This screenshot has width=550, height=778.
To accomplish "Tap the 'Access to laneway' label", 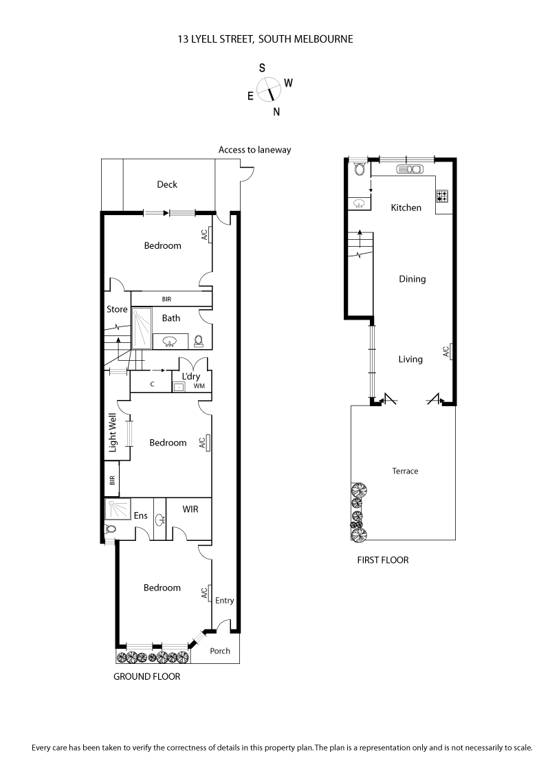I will click(x=250, y=149).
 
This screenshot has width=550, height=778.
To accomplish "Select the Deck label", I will click(x=167, y=184).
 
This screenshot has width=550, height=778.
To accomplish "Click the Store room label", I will click(x=117, y=309).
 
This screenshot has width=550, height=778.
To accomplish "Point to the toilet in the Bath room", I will click(x=199, y=340).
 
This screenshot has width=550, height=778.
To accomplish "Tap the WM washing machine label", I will click(x=199, y=387).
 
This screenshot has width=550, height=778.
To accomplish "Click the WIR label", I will click(x=190, y=509).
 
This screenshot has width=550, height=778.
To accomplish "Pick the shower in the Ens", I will click(x=118, y=509).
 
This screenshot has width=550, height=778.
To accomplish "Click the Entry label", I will click(x=225, y=600).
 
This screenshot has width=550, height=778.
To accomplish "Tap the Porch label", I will click(x=220, y=651).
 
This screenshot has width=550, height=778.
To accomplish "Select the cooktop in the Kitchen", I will click(x=442, y=196).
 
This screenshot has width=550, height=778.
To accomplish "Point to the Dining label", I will click(x=412, y=279).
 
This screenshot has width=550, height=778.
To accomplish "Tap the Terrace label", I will click(x=405, y=471).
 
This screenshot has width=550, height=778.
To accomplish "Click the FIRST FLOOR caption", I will click(x=382, y=560).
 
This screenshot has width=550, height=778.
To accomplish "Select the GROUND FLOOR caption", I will click(x=146, y=676).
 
